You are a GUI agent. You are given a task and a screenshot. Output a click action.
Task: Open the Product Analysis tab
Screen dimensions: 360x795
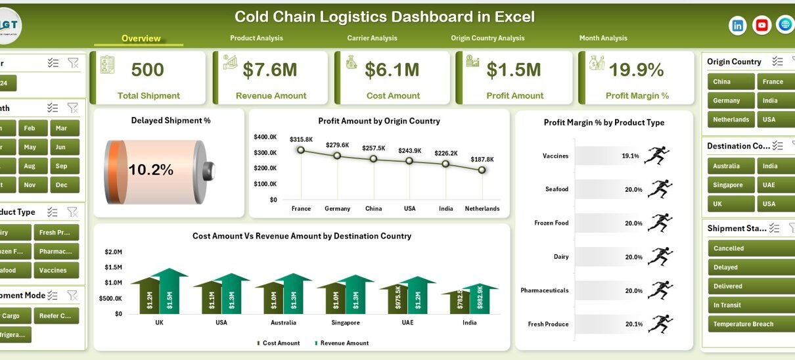[256, 38]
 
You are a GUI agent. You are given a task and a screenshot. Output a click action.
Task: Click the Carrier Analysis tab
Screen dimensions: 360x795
[372, 38]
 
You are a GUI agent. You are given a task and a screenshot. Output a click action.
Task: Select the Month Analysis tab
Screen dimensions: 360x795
[602, 38]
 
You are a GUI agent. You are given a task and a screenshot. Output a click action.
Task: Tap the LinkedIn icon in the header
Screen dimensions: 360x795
[738, 26]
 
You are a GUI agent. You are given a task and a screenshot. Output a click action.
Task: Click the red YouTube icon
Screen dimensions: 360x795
[761, 26]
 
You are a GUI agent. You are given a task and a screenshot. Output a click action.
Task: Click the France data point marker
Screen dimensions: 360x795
[301, 150]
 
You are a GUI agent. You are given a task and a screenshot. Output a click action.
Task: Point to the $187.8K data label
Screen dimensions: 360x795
[482, 159]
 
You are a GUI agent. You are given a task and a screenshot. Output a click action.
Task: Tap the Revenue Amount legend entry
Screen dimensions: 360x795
[342, 343]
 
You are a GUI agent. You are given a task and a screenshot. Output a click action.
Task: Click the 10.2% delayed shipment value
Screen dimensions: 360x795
[150, 170]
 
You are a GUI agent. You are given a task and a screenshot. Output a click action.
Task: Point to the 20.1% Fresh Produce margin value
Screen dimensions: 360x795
[633, 324]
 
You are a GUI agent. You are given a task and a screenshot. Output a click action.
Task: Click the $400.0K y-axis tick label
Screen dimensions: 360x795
[265, 137]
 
